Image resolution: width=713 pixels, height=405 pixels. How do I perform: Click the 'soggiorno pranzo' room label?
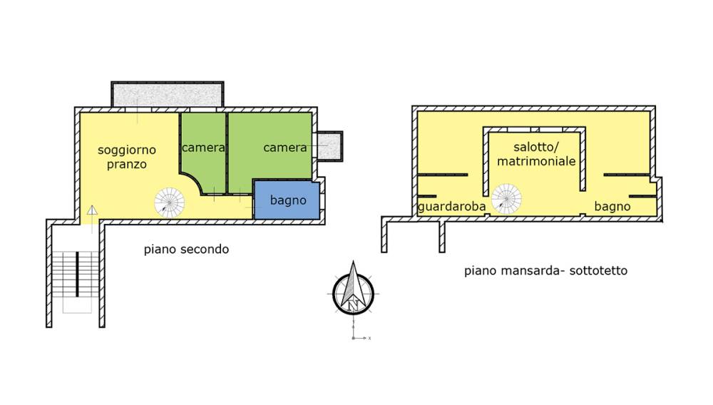[127, 157]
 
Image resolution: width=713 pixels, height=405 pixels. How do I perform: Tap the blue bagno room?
[287, 200]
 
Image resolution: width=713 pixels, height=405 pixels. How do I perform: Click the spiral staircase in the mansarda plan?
[506, 199]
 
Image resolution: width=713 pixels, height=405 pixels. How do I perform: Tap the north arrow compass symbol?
[353, 289]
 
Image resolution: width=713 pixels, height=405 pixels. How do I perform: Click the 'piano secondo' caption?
[186, 250]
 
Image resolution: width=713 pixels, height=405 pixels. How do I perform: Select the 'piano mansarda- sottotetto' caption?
[545, 271]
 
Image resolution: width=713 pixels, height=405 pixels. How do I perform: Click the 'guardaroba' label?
[451, 207]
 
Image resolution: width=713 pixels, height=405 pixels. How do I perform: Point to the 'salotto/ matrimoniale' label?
[536, 154]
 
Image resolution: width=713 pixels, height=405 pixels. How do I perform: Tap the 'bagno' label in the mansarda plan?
[612, 207]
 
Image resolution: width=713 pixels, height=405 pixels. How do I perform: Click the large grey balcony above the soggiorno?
[168, 95]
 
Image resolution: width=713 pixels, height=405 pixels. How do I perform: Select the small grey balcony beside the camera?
[329, 146]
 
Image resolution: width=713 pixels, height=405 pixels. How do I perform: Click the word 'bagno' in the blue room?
[288, 200]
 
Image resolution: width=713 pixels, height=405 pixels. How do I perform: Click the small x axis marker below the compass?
[369, 338]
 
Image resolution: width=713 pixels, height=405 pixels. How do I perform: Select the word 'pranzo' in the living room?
[127, 165]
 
